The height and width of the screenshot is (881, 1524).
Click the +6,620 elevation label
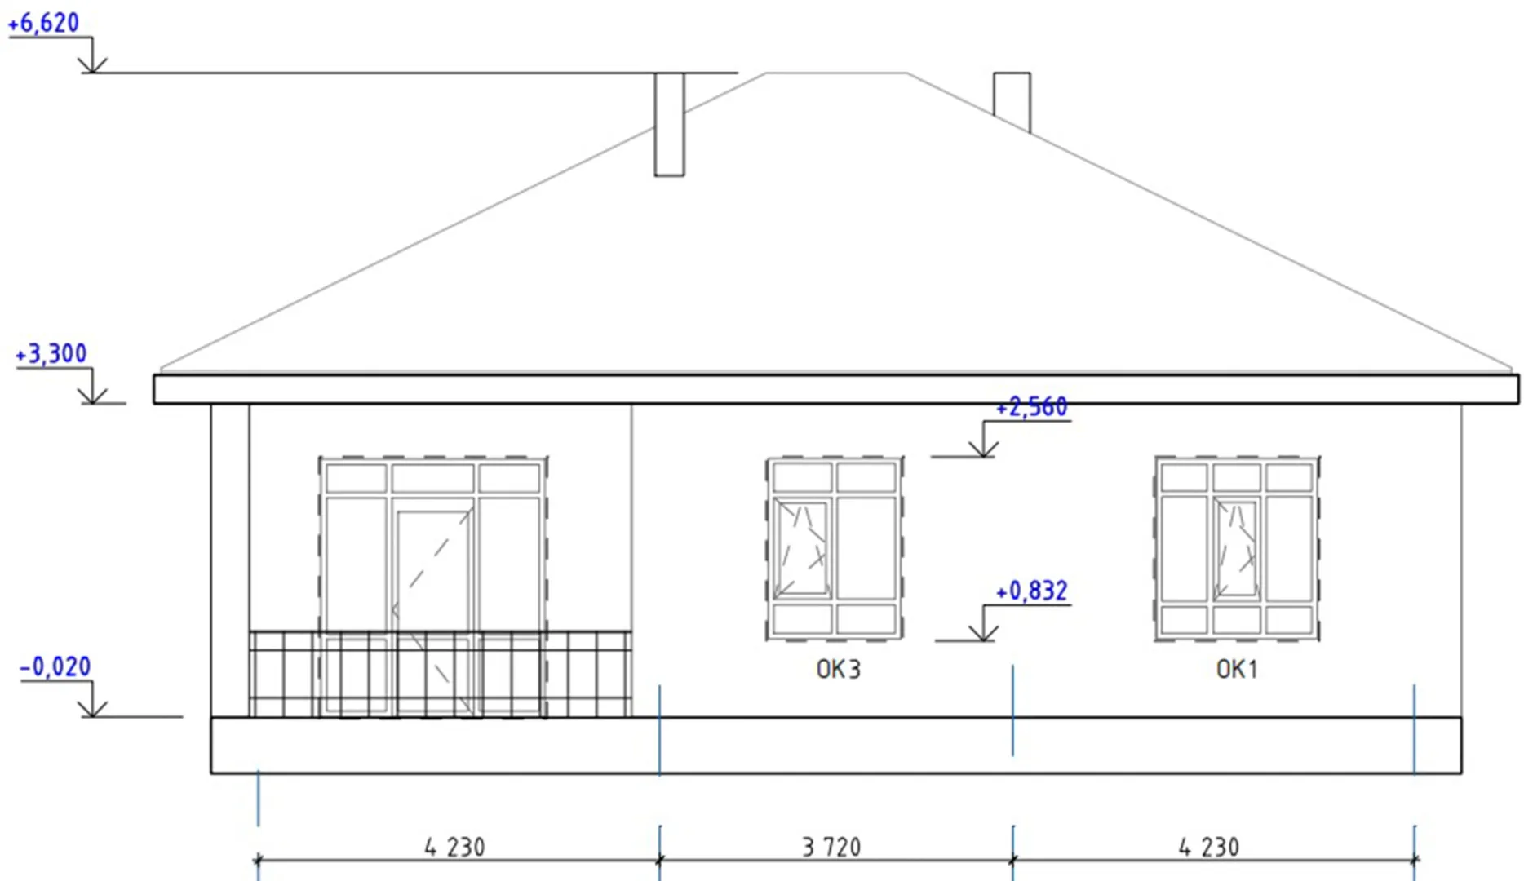pos(43,23)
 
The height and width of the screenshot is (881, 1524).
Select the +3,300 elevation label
pos(51,353)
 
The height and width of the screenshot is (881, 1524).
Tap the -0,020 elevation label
pos(55,666)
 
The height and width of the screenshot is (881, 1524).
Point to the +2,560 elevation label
pos(1032,406)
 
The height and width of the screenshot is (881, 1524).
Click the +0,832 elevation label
pos(1032,590)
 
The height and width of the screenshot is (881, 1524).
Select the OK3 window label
pos(839,669)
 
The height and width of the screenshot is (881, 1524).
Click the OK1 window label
pos(1237,669)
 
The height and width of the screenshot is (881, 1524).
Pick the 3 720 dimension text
pos(831,847)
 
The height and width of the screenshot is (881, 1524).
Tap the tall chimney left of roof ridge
pos(669,124)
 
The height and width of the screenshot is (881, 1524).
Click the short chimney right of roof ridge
pos(1012,101)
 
